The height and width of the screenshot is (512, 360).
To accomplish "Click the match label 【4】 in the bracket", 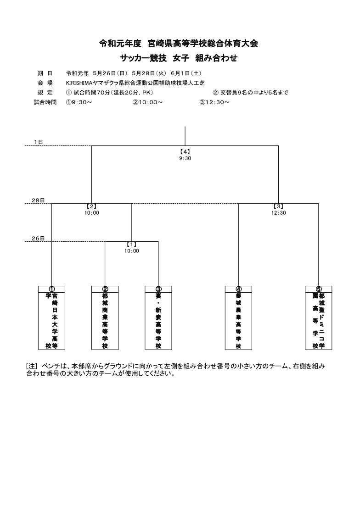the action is (x=185, y=151).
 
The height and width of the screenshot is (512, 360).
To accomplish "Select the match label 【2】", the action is (x=91, y=206).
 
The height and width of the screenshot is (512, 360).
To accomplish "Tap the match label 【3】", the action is (x=278, y=206).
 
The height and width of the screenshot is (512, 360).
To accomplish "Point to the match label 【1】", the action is (x=132, y=244).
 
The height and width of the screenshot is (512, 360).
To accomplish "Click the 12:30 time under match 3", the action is (x=278, y=213).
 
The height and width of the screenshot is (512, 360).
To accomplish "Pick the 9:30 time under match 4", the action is (x=185, y=158).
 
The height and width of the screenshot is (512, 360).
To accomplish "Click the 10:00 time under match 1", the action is (x=132, y=251).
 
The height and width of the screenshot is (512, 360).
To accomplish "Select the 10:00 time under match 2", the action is (x=91, y=213).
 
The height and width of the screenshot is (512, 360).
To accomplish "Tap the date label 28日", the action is (x=38, y=200).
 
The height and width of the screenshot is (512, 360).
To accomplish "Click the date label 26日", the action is (x=38, y=239).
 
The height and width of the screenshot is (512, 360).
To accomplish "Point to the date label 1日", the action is (x=38, y=142).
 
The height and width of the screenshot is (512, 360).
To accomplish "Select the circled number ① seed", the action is (x=51, y=289).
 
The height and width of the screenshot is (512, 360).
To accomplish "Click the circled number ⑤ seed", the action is (x=319, y=289).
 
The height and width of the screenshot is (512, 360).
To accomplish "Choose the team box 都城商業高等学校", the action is (x=105, y=318).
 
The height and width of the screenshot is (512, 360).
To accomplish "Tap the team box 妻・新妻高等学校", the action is (x=158, y=318).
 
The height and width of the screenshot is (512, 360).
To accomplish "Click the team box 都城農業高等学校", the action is (x=238, y=318).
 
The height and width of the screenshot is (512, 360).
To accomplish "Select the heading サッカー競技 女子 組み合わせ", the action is (x=178, y=58).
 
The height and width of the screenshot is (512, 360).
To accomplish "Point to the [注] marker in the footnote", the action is (x=32, y=366).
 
